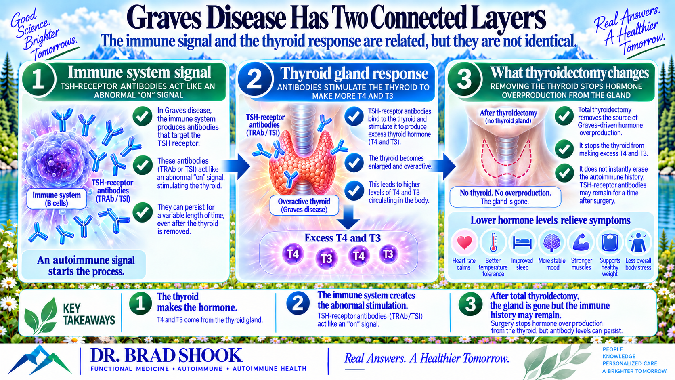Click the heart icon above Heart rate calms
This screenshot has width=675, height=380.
click(464, 242)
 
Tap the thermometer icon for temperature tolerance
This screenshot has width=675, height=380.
click(493, 242)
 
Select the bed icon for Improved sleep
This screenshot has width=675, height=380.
click(522, 243)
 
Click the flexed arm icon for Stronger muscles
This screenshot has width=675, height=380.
click(581, 242)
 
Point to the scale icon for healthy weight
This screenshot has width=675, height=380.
click(610, 242)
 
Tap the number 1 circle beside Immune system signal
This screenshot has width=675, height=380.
click(38, 79)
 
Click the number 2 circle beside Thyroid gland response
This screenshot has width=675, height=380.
click(255, 79)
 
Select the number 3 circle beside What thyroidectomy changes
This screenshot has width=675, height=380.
click(464, 79)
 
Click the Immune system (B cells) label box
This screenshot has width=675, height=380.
click(57, 199)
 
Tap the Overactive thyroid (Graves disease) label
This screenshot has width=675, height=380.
click(304, 205)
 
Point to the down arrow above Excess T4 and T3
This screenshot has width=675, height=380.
click(348, 217)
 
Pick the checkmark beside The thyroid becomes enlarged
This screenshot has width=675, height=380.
click(354, 163)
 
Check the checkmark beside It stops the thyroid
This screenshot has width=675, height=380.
click(564, 149)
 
